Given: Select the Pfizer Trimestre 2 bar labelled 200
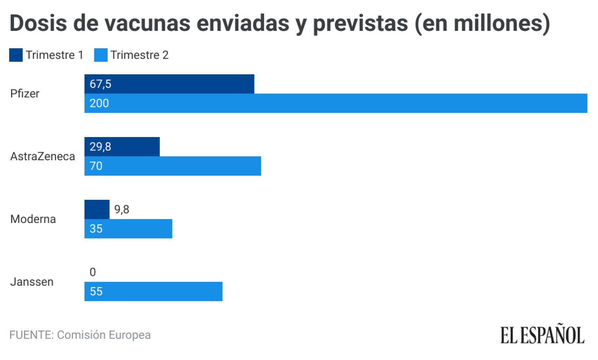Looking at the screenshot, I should (335, 103).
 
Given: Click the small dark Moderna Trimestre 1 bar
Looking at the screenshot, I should (97, 209).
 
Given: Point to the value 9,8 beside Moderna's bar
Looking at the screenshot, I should (122, 210).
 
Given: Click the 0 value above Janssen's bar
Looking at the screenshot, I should (93, 272).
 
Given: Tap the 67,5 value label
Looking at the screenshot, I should (100, 84).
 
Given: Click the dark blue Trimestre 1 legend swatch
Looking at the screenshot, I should (16, 55).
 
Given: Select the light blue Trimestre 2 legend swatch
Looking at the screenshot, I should (101, 55).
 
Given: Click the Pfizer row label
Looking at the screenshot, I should (25, 94).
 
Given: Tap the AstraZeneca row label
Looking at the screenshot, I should (42, 156).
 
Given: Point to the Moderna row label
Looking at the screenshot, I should (33, 219).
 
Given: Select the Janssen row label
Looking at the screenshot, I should (32, 282).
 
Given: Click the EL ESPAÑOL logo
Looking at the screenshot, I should (542, 335).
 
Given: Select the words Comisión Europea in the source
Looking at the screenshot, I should (104, 335).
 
